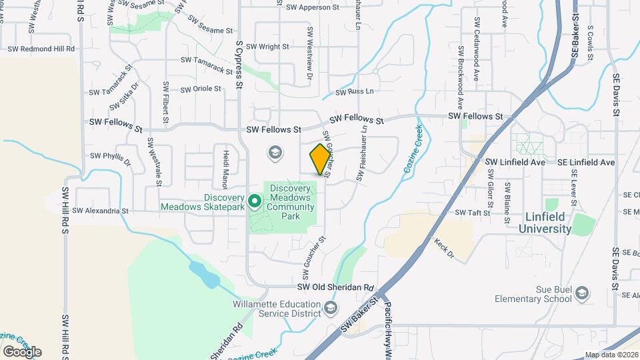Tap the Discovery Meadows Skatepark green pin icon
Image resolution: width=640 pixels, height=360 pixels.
254,199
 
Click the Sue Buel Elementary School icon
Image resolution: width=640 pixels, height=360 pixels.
582,293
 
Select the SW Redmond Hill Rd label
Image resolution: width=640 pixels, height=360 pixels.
41,49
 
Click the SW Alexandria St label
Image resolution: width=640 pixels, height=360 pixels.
100,211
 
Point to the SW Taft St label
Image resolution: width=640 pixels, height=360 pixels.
473,213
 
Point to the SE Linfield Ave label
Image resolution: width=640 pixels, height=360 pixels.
586,162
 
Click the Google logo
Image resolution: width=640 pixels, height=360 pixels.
22,351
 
